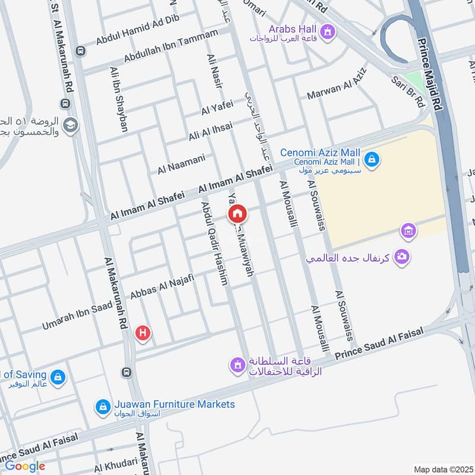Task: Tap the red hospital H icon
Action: pos(142,333)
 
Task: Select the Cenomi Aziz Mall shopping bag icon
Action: pos(372,159)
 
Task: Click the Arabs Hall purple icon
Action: pos(327,30)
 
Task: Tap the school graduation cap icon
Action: pos(71,126)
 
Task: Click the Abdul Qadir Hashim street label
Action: pos(214,243)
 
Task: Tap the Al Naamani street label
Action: pos(181,164)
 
